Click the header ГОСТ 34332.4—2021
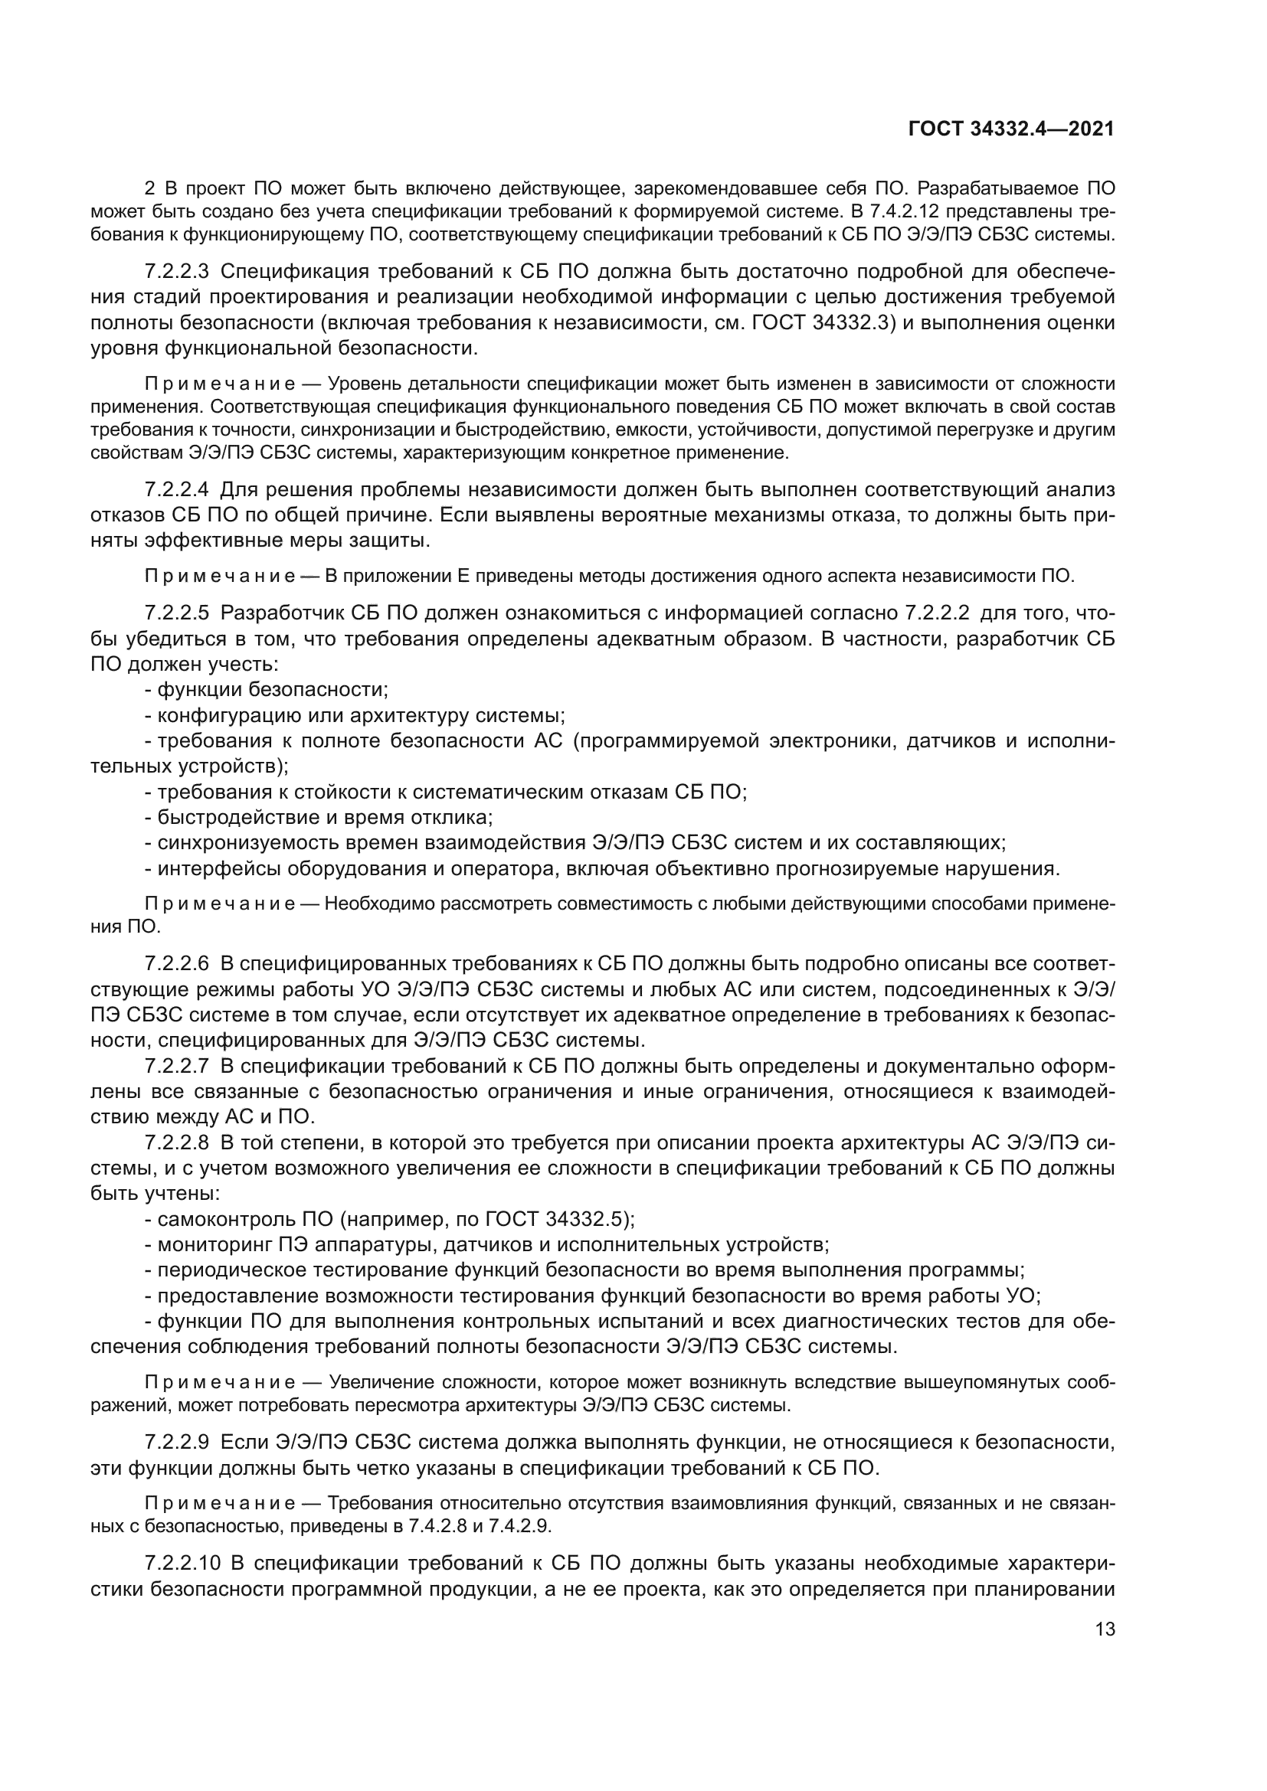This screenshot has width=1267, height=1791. point(1011,129)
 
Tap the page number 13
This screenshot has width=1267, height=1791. point(1105,1628)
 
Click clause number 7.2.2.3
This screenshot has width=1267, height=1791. point(177,272)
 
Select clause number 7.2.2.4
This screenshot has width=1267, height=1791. point(177,490)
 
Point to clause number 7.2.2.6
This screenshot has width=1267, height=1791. point(177,963)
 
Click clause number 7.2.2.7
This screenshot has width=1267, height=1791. point(177,1067)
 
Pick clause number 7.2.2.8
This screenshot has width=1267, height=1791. point(177,1143)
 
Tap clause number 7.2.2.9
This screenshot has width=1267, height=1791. point(177,1443)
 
